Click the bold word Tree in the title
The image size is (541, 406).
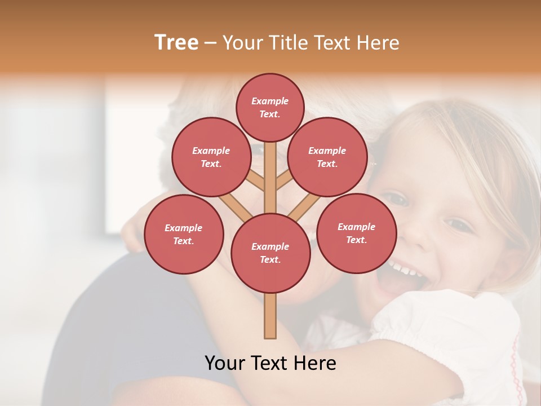pos(176,43)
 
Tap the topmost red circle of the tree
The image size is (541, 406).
pos(270,107)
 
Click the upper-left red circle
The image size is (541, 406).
pos(211,157)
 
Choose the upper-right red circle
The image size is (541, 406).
pos(327,157)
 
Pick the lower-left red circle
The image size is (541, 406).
pos(184,235)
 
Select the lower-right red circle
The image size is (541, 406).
pos(356,233)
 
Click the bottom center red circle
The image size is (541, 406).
pos(270,253)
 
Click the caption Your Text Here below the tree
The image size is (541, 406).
pos(270,363)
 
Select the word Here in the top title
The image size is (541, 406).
pos(378,43)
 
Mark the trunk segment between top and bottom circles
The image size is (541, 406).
pos(270,178)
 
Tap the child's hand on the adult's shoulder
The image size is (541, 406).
pos(131,231)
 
